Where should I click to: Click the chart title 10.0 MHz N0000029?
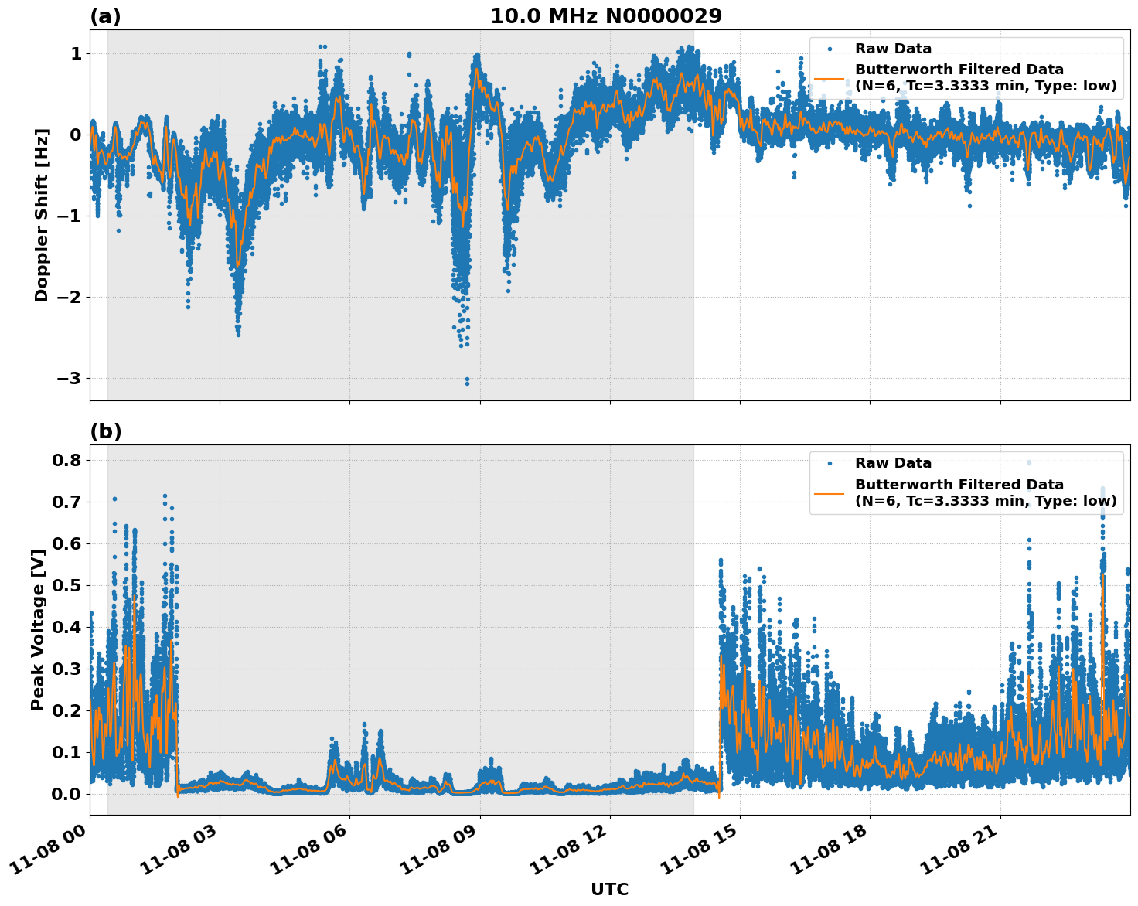pos(606,16)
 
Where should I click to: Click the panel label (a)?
pos(105,16)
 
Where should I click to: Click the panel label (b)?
pos(105,431)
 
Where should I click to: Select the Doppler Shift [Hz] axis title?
pos(42,215)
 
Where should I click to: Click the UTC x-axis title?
pos(609,889)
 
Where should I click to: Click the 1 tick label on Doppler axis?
pos(76,53)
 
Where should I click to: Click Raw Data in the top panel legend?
pos(893,49)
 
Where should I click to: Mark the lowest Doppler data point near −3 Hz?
pos(467,383)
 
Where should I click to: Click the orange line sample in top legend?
pos(829,78)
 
